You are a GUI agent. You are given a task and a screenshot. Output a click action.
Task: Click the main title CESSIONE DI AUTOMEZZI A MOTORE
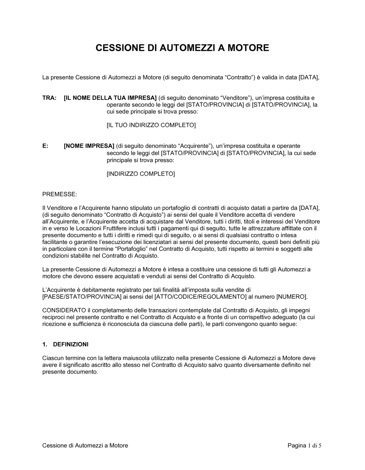[x=182, y=48]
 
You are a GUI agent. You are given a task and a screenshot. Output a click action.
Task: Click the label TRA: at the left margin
[x=49, y=98]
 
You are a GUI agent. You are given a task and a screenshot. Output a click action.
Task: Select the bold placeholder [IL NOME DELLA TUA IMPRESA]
[x=110, y=98]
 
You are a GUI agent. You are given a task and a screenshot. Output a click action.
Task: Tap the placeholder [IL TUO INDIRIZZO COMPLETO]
[x=151, y=125]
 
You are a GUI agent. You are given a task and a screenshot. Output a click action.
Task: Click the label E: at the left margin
[x=45, y=146]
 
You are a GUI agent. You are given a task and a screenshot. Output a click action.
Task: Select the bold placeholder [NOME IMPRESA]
[x=89, y=146]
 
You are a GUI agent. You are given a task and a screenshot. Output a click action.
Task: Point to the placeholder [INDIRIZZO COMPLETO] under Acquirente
[x=141, y=174]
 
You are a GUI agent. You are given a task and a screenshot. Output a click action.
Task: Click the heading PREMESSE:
[x=60, y=195]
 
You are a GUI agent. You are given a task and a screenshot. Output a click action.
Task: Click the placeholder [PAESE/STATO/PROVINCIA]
[x=82, y=297]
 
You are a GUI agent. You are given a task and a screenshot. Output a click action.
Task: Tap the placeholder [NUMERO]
[x=292, y=297]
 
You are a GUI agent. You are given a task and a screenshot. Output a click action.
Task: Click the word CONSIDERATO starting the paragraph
[x=64, y=310]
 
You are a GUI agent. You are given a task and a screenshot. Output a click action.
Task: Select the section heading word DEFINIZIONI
[x=71, y=344]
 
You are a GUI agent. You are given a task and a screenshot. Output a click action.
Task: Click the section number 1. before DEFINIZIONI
[x=45, y=344]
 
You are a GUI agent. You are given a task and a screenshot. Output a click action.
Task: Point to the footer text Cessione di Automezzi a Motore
[x=85, y=445]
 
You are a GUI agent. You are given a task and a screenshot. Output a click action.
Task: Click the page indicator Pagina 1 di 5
[x=304, y=445]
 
